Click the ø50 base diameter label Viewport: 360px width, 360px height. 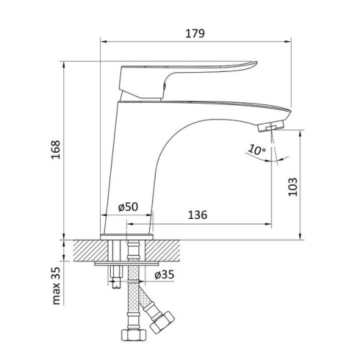pos(127,207)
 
